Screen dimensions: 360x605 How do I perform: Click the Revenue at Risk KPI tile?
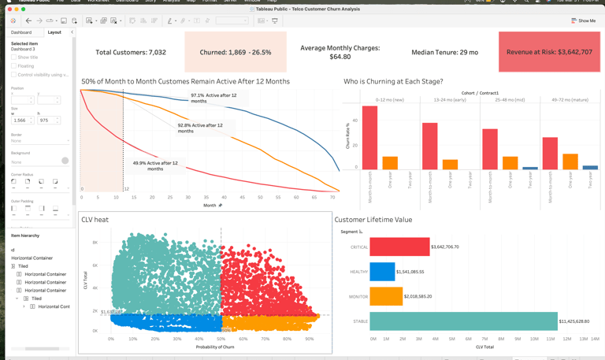[549, 52]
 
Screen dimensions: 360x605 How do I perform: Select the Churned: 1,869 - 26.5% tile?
[236, 52]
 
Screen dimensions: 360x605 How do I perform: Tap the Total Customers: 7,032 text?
[131, 52]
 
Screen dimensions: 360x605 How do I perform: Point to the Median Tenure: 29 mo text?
[444, 52]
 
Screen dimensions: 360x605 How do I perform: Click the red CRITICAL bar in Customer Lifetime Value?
[399, 247]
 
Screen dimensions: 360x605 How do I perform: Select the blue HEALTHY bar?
[382, 271]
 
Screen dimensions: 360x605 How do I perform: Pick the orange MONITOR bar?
[386, 296]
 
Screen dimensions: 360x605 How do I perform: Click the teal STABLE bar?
[463, 321]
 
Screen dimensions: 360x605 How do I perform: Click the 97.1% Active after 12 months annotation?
[213, 98]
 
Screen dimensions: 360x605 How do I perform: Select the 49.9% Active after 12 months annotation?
[155, 165]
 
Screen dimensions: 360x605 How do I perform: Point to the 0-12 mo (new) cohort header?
[390, 100]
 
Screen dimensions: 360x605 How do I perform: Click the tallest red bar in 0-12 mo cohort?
[369, 138]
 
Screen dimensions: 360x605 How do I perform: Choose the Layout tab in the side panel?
[54, 32]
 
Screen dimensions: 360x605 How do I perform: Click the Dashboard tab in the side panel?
[21, 32]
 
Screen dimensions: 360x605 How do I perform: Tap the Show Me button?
[584, 20]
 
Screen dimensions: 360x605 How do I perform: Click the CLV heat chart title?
[95, 220]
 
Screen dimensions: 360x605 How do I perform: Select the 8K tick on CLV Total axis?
[95, 243]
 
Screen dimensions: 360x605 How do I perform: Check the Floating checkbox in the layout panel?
[13, 66]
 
